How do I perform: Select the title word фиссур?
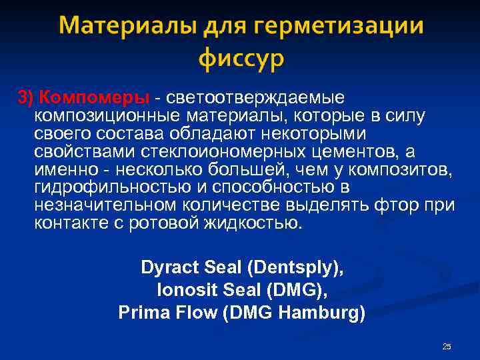[240, 59]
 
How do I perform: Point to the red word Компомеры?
[93, 98]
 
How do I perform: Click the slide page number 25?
[447, 347]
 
